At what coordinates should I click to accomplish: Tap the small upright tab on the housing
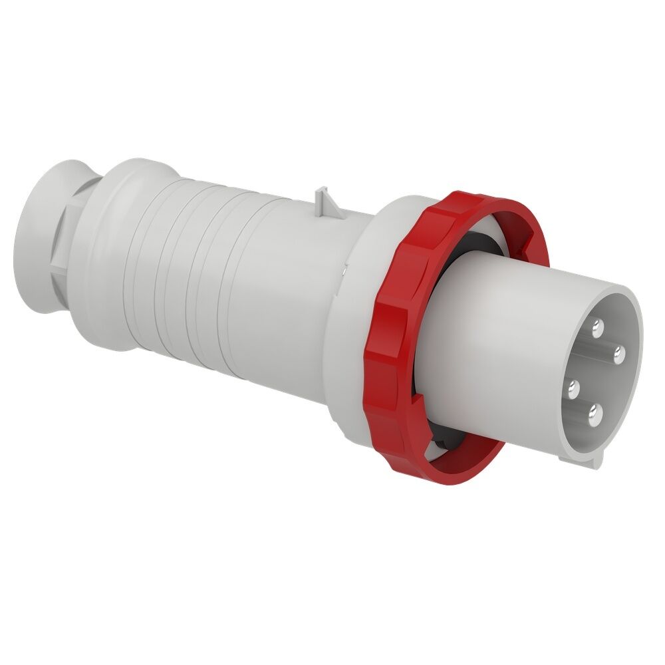pyautogui.click(x=327, y=199)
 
